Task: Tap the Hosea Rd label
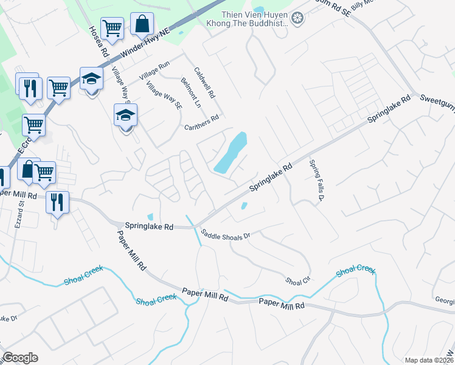[x=98, y=41]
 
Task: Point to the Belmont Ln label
[x=191, y=91]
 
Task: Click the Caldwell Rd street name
[x=204, y=83]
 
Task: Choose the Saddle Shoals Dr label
[x=226, y=234]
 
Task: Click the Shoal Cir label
[x=298, y=280]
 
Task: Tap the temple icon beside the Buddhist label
[x=297, y=18]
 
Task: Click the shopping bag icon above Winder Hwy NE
[x=141, y=26]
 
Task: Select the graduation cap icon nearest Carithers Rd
[x=125, y=114]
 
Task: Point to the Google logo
[x=20, y=358]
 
